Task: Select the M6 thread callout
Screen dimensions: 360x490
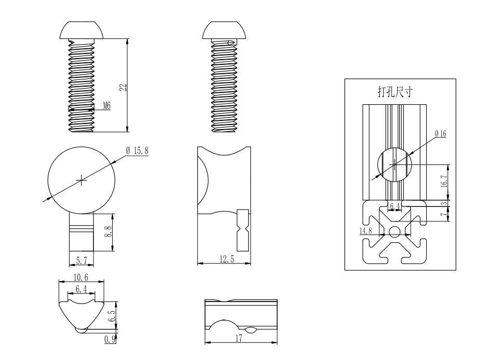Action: [x=106, y=106]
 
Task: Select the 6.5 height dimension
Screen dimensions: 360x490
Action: [x=111, y=315]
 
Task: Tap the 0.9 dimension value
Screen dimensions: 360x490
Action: [x=110, y=339]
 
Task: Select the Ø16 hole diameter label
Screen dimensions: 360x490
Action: [x=441, y=134]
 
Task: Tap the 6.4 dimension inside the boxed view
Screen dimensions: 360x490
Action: [x=395, y=206]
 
